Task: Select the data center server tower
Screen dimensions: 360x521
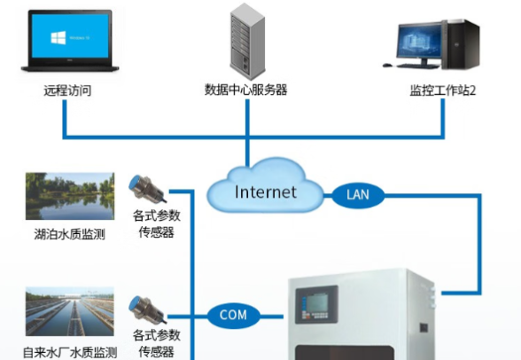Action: [245, 41]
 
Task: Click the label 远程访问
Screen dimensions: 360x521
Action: [67, 90]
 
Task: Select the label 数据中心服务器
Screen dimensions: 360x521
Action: [245, 90]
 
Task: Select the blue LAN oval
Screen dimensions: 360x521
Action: [357, 194]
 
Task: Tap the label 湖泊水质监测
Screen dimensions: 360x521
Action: [69, 236]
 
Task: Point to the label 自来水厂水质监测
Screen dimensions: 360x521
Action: [69, 352]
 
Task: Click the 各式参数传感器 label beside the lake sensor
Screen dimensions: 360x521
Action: [156, 223]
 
